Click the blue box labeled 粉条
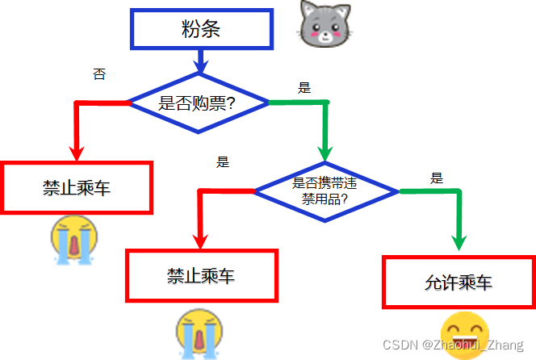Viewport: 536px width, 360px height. (201, 31)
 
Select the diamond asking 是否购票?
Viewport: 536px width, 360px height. (199, 103)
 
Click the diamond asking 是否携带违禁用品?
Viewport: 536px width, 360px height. (325, 191)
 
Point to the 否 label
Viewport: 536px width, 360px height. (99, 74)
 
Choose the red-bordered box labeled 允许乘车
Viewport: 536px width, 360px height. (458, 282)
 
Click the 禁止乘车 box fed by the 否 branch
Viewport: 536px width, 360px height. (77, 188)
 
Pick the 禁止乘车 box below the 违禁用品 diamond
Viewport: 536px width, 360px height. (201, 276)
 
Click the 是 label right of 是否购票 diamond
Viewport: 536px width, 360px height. (304, 88)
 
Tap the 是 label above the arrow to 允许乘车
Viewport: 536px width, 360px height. (437, 178)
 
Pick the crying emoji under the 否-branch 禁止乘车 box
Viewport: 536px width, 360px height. (74, 240)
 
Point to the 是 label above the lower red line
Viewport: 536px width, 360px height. (223, 161)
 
